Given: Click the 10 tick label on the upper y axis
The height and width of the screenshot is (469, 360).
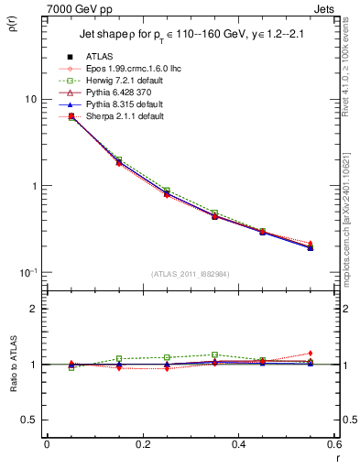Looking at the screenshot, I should tap(29, 99).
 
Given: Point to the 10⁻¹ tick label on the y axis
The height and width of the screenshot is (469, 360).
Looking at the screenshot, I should tap(27, 272).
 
